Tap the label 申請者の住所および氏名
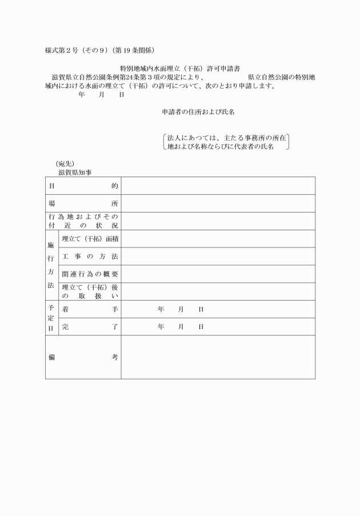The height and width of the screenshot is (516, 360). point(198,113)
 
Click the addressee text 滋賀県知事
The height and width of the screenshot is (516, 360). point(75,172)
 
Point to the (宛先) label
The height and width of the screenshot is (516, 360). point(65,163)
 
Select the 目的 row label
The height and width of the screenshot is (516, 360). point(83,186)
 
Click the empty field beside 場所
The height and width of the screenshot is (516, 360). point(218,203)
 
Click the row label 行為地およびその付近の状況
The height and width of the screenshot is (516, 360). point(83,221)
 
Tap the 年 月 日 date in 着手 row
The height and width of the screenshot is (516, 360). point(181,310)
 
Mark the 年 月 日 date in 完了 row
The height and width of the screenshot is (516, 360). point(181,327)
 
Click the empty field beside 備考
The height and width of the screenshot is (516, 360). point(218,357)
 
